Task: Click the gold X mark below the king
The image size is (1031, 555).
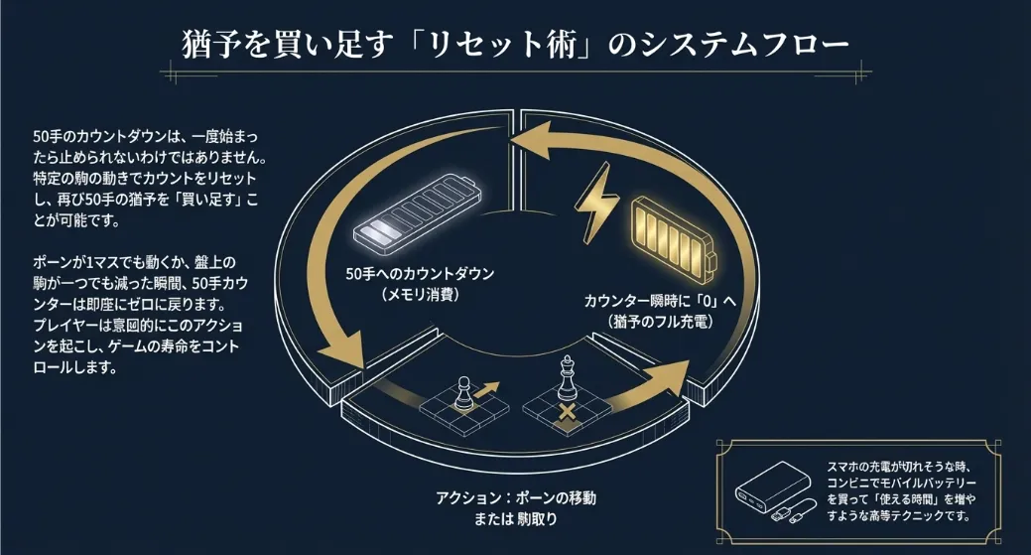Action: [568, 409]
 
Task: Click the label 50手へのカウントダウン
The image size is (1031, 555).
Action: [419, 273]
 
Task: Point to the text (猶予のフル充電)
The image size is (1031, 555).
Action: [663, 324]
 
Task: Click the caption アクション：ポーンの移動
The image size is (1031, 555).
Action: [516, 496]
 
